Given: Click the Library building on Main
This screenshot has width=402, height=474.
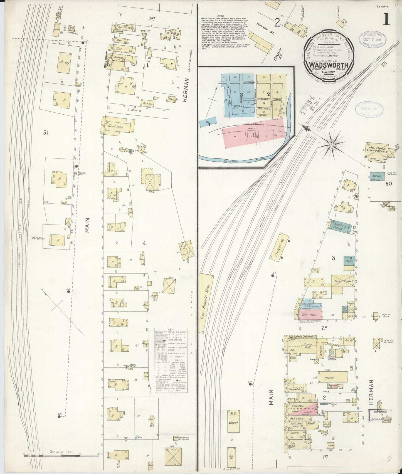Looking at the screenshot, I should pyautogui.click(x=64, y=63).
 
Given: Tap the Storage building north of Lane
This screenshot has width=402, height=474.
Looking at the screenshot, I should pyautogui.click(x=148, y=104).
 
